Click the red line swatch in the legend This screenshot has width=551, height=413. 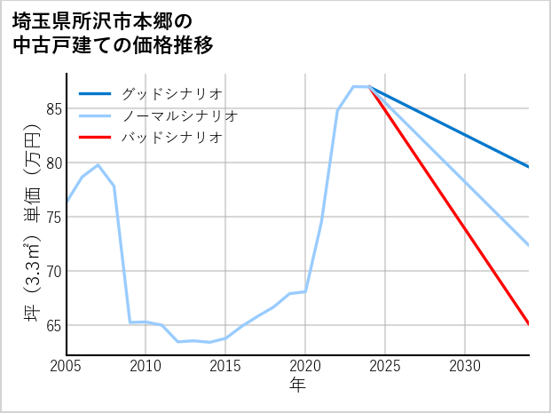point(95,138)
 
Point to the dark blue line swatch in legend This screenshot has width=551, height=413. point(95,93)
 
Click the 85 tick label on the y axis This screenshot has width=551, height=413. point(53,108)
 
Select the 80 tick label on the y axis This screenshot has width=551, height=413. point(53,163)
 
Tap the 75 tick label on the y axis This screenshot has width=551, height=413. point(53,217)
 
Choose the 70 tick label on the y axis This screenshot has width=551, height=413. point(53,271)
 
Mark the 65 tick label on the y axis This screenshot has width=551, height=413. point(53,325)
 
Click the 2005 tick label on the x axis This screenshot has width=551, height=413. point(67,366)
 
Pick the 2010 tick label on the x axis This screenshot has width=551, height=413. point(146,366)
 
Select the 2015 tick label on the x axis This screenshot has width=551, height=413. point(225,366)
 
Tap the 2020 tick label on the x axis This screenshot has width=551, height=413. point(305,366)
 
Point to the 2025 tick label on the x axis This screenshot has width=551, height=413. point(385,366)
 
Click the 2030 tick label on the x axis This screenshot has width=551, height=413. point(465,366)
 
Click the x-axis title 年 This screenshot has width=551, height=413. point(297,385)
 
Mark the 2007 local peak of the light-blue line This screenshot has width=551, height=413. point(98,165)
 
